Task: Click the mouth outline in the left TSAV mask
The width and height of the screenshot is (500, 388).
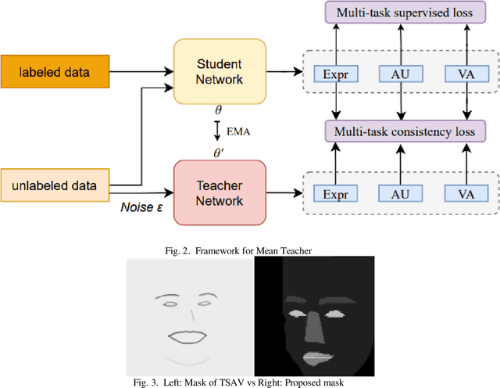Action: pyautogui.click(x=188, y=337)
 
